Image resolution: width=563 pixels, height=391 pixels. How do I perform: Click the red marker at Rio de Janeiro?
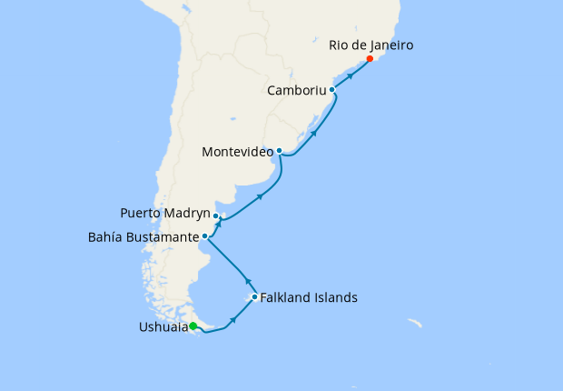(x=370, y=59)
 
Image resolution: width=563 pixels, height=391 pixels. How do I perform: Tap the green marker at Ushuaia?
(x=193, y=327)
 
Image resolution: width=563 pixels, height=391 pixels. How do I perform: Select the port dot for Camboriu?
(x=332, y=90)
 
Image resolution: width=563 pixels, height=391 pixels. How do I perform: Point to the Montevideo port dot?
(x=280, y=151)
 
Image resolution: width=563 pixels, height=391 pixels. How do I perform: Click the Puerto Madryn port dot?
(x=216, y=216)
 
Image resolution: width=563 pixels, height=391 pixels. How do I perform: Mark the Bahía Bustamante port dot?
(x=205, y=237)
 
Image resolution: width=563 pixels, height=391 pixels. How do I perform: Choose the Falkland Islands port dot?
(x=254, y=297)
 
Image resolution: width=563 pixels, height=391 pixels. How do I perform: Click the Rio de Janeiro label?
(x=371, y=44)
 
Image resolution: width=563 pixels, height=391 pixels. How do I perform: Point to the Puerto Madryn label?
(x=164, y=214)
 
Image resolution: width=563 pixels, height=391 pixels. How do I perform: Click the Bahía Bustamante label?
(x=143, y=237)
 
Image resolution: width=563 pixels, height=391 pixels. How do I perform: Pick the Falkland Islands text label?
(x=309, y=297)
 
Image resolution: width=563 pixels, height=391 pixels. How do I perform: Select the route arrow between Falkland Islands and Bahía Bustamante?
(x=246, y=280)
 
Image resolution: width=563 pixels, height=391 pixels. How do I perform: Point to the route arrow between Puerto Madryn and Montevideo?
(x=261, y=196)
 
